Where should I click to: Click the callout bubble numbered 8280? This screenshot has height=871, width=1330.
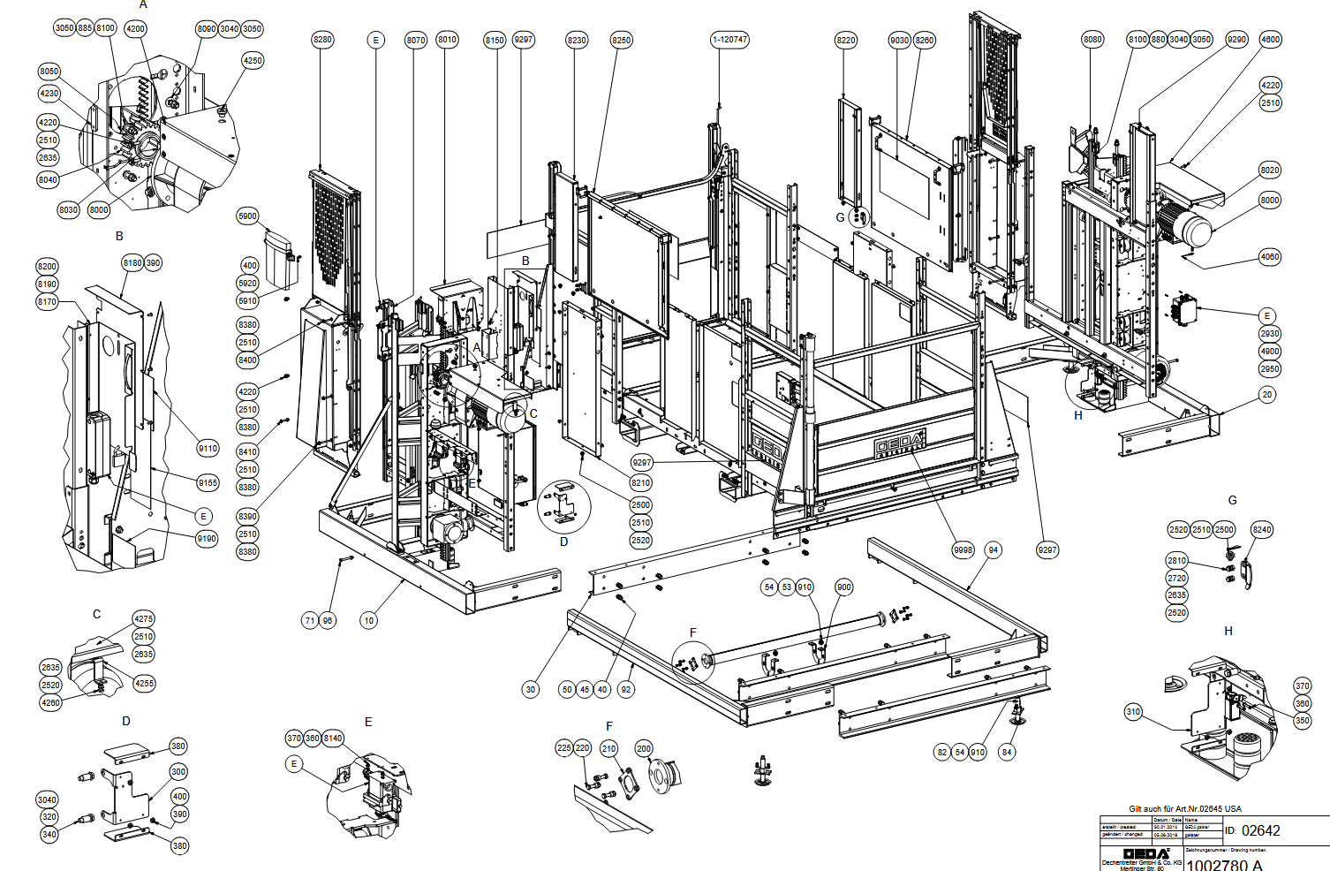pyautogui.click(x=323, y=40)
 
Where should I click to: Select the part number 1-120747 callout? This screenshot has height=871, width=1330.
pyautogui.click(x=729, y=40)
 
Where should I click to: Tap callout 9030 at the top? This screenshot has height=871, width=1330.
pyautogui.click(x=900, y=40)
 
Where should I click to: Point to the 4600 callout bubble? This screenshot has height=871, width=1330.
pyautogui.click(x=1270, y=40)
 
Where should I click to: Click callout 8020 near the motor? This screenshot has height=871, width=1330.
pyautogui.click(x=1270, y=170)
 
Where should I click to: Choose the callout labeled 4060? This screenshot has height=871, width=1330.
pyautogui.click(x=1270, y=257)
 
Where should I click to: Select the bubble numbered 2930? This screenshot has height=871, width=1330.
pyautogui.click(x=1270, y=334)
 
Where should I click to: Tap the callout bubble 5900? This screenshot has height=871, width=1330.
pyautogui.click(x=248, y=216)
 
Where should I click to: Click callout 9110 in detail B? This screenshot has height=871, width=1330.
pyautogui.click(x=208, y=449)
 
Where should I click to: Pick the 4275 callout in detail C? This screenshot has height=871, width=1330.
pyautogui.click(x=143, y=619)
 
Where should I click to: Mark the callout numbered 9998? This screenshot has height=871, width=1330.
pyautogui.click(x=963, y=550)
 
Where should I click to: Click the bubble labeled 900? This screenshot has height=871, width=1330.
pyautogui.click(x=844, y=587)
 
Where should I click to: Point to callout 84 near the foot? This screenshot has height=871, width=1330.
pyautogui.click(x=1007, y=752)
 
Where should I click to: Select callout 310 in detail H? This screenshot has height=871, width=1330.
pyautogui.click(x=1133, y=712)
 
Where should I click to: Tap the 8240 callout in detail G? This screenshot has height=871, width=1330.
pyautogui.click(x=1262, y=530)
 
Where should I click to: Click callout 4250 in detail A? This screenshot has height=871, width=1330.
pyautogui.click(x=253, y=61)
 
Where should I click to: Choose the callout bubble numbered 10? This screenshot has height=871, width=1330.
pyautogui.click(x=369, y=620)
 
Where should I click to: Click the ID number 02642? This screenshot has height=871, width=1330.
pyautogui.click(x=1260, y=830)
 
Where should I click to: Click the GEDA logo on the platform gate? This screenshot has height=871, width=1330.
pyautogui.click(x=899, y=444)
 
